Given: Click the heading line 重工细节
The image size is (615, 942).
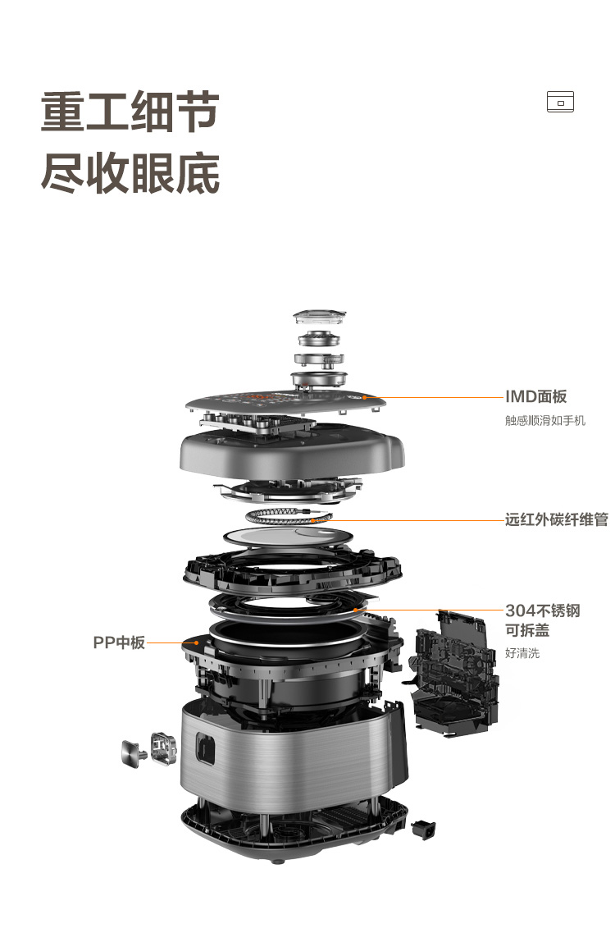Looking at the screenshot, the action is pos(130,111).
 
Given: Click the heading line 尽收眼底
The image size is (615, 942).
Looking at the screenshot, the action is pos(130,173).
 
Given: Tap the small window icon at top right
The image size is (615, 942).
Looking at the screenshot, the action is pos(560,102).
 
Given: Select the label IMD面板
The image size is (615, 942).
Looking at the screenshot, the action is pos(535,396).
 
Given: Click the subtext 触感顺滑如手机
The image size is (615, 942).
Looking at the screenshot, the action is pos(544,420).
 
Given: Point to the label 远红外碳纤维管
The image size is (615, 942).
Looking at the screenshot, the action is pos(556,519).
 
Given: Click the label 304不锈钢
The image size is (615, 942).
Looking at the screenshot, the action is pos(542,611).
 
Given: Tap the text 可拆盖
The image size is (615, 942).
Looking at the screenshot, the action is pos(526,630).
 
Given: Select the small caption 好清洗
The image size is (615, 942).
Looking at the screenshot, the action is pos(522,653).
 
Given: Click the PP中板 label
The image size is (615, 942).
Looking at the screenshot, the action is pos(119,642).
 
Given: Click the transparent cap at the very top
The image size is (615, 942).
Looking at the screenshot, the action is pos(320,318).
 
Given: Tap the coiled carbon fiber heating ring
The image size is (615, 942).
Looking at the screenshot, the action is pos(289,516).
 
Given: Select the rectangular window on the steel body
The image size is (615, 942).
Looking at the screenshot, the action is pos(205,748).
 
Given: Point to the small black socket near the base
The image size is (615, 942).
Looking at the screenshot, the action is pos(424,830).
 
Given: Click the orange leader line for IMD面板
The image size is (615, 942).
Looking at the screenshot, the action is pos(435,398).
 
